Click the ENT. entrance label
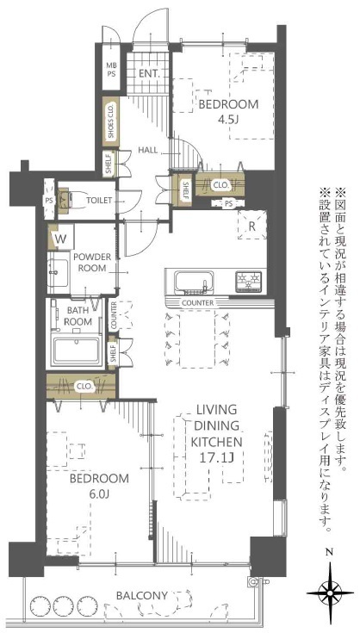(150, 73)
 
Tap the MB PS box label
(110, 70)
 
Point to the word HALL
(148, 150)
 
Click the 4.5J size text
(228, 120)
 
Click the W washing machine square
(60, 239)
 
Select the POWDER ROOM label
(92, 262)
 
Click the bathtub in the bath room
(77, 351)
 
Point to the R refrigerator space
(251, 226)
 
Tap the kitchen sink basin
(194, 281)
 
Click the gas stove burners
(248, 280)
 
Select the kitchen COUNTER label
(198, 302)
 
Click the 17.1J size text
(217, 457)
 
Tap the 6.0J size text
(98, 494)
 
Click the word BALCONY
(141, 595)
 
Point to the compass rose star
(330, 593)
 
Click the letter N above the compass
(330, 551)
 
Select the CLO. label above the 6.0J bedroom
(84, 386)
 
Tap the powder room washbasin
(58, 273)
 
